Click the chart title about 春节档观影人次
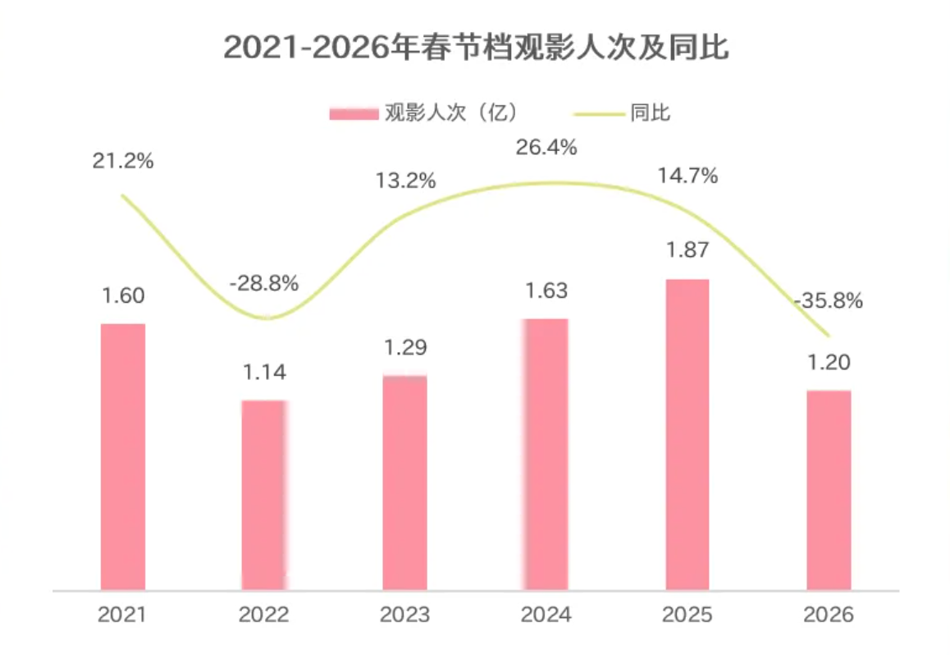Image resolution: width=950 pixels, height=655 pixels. [475, 48]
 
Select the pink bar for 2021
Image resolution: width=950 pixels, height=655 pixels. [122, 456]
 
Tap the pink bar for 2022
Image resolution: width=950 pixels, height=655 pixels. [263, 494]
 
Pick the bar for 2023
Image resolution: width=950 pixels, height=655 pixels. [405, 483]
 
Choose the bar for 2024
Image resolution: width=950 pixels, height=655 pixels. [546, 453]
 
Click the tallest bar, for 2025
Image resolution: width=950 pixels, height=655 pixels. [687, 434]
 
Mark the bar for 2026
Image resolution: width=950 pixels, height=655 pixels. [829, 489]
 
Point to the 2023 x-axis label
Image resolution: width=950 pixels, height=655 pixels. [405, 615]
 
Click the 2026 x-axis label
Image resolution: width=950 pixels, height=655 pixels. [829, 615]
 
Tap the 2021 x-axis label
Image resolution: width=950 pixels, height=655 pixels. [122, 615]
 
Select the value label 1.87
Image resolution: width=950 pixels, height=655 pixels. [687, 250]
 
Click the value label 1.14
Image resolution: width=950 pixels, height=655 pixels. [263, 372]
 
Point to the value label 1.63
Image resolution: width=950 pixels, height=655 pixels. [546, 291]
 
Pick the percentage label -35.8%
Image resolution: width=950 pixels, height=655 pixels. [829, 301]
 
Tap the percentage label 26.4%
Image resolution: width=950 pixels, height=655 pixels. [546, 148]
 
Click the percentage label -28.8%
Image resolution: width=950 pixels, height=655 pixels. [263, 284]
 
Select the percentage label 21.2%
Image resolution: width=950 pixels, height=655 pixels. [122, 161]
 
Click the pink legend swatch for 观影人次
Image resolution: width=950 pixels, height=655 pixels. [353, 113]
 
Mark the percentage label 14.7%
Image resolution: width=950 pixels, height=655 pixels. [687, 175]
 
